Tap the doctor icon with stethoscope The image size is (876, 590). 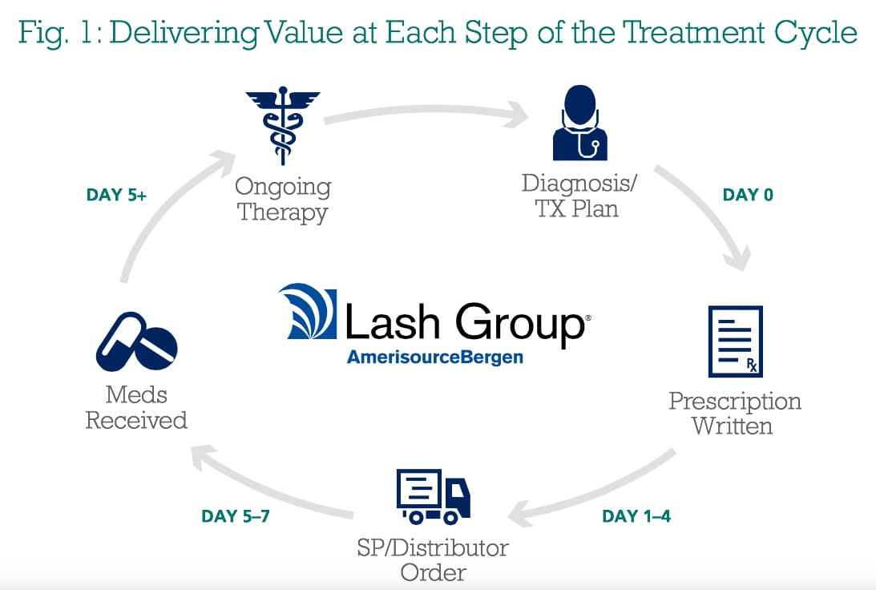tap(580, 123)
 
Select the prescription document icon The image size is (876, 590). tap(735, 341)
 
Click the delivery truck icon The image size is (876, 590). tap(434, 497)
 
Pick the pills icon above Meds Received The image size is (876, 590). tap(137, 341)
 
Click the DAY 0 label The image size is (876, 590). tap(748, 195)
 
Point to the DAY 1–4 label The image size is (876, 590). tap(636, 515)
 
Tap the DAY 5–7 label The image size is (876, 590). tap(235, 515)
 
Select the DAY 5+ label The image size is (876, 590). tap(116, 195)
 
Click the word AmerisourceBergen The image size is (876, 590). tap(435, 357)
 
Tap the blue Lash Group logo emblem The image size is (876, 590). tap(308, 311)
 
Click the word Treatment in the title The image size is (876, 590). tap(693, 32)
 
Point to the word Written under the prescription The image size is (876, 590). tap(732, 426)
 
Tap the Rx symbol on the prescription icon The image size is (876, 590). tap(752, 366)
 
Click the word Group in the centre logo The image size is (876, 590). tap(520, 322)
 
